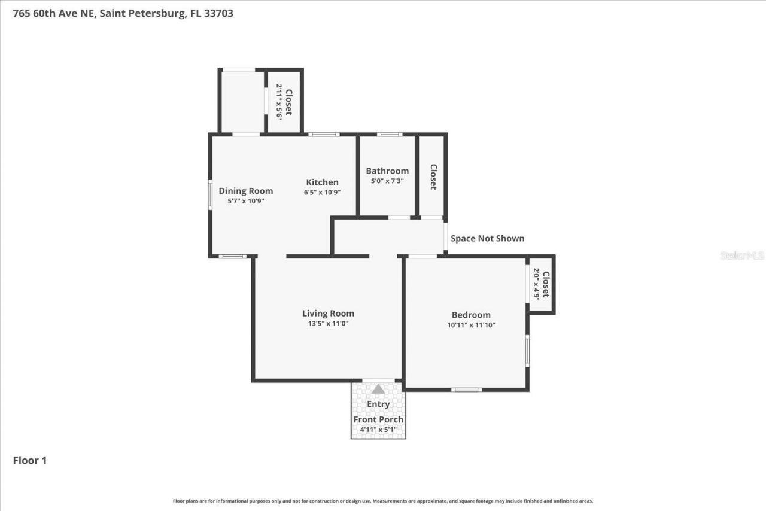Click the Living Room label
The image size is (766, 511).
328,313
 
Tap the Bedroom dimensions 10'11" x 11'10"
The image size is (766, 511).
471,326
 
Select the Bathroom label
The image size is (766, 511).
387,171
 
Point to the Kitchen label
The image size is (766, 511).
322,182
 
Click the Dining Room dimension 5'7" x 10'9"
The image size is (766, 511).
245,201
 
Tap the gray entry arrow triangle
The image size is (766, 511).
378,389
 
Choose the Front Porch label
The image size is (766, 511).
378,419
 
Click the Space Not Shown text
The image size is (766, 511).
487,238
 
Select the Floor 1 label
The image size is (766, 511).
30,460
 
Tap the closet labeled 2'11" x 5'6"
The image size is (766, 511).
284,102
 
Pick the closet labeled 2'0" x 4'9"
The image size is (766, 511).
541,284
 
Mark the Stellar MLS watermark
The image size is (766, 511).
742,255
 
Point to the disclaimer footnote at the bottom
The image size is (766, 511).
383,501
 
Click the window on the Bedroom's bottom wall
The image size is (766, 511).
466,390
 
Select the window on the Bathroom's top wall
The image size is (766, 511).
390,134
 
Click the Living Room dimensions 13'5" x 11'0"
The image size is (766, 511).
328,324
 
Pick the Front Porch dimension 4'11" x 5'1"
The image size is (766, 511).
378,430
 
